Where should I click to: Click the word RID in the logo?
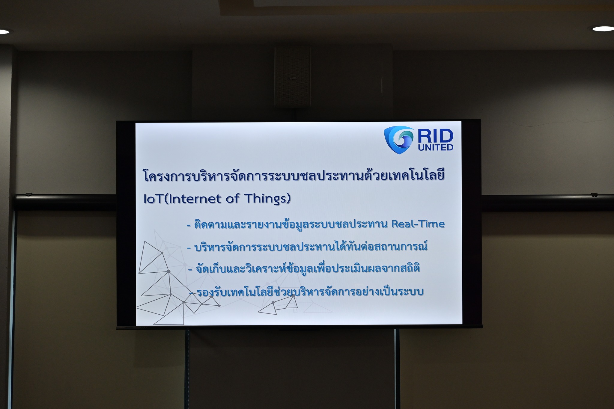(435, 136)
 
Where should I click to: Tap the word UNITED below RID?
(436, 147)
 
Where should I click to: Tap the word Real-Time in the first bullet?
(418, 224)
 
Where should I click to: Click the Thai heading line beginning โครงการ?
(294, 175)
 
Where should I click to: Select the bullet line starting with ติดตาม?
(316, 224)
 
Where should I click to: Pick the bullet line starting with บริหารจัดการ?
(307, 247)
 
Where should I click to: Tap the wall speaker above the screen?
(293, 77)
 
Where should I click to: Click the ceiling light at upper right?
(603, 29)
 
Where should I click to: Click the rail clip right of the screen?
(594, 195)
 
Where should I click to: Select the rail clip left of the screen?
(28, 194)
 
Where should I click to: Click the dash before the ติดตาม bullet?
(189, 225)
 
